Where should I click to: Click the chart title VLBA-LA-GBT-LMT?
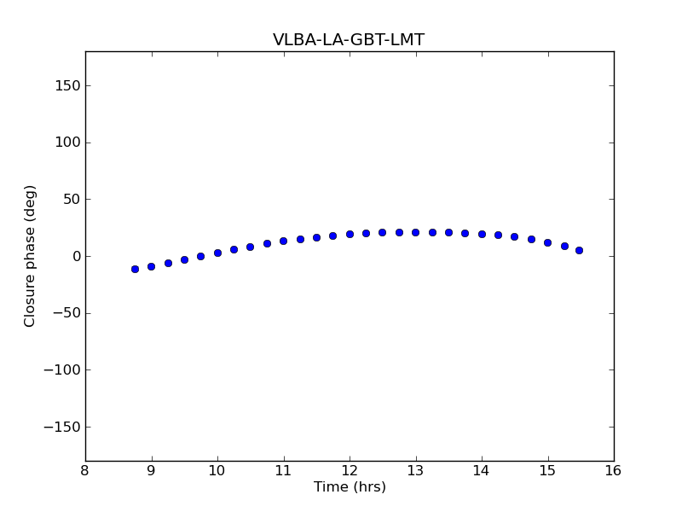[x=349, y=40]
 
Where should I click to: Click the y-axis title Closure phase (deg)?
[x=31, y=256]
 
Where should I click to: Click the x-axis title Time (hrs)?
[x=350, y=487]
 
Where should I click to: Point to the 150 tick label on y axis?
[x=67, y=85]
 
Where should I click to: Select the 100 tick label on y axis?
[x=67, y=143]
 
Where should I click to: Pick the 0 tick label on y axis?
[x=76, y=256]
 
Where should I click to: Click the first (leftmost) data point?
[x=135, y=269]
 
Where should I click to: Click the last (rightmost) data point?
[x=579, y=250]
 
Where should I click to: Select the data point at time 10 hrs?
[x=217, y=253]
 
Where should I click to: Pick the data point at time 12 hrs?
[x=350, y=234]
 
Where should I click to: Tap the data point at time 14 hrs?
[x=482, y=234]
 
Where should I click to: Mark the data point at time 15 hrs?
[x=547, y=242]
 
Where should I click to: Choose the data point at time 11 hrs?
[x=283, y=241]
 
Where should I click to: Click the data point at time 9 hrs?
[x=151, y=266]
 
